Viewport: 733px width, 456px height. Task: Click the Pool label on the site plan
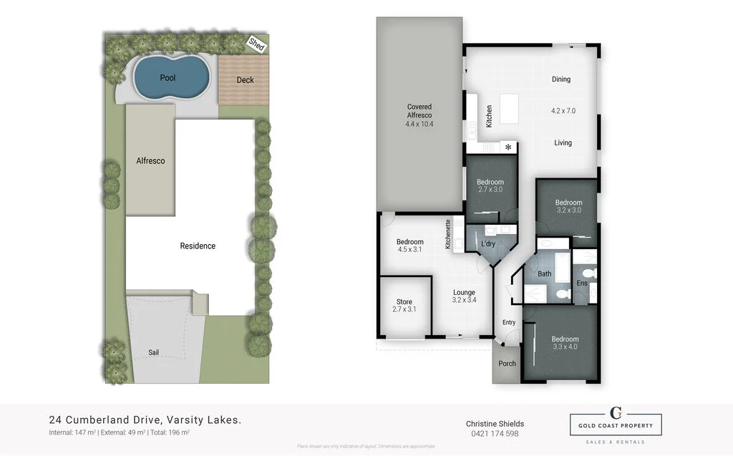click(168, 77)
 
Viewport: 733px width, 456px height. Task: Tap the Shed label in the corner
click(256, 44)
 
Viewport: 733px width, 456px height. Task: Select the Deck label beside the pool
click(245, 80)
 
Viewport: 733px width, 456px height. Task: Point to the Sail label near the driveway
click(154, 352)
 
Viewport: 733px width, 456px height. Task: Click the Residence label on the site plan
click(198, 246)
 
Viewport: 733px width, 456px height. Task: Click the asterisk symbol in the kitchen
click(509, 147)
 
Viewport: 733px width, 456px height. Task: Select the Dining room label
click(561, 79)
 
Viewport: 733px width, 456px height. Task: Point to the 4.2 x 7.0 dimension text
click(563, 111)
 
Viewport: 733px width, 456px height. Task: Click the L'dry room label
click(488, 244)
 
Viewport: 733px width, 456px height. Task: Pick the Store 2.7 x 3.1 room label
click(404, 304)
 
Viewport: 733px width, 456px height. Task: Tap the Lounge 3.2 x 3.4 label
click(464, 296)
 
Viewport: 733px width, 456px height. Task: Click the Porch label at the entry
click(507, 363)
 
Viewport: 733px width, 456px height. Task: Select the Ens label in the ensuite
click(582, 283)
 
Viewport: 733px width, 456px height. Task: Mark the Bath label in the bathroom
click(545, 273)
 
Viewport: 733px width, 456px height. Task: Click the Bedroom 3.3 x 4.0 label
click(565, 344)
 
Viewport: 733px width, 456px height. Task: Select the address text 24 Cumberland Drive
click(145, 420)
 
